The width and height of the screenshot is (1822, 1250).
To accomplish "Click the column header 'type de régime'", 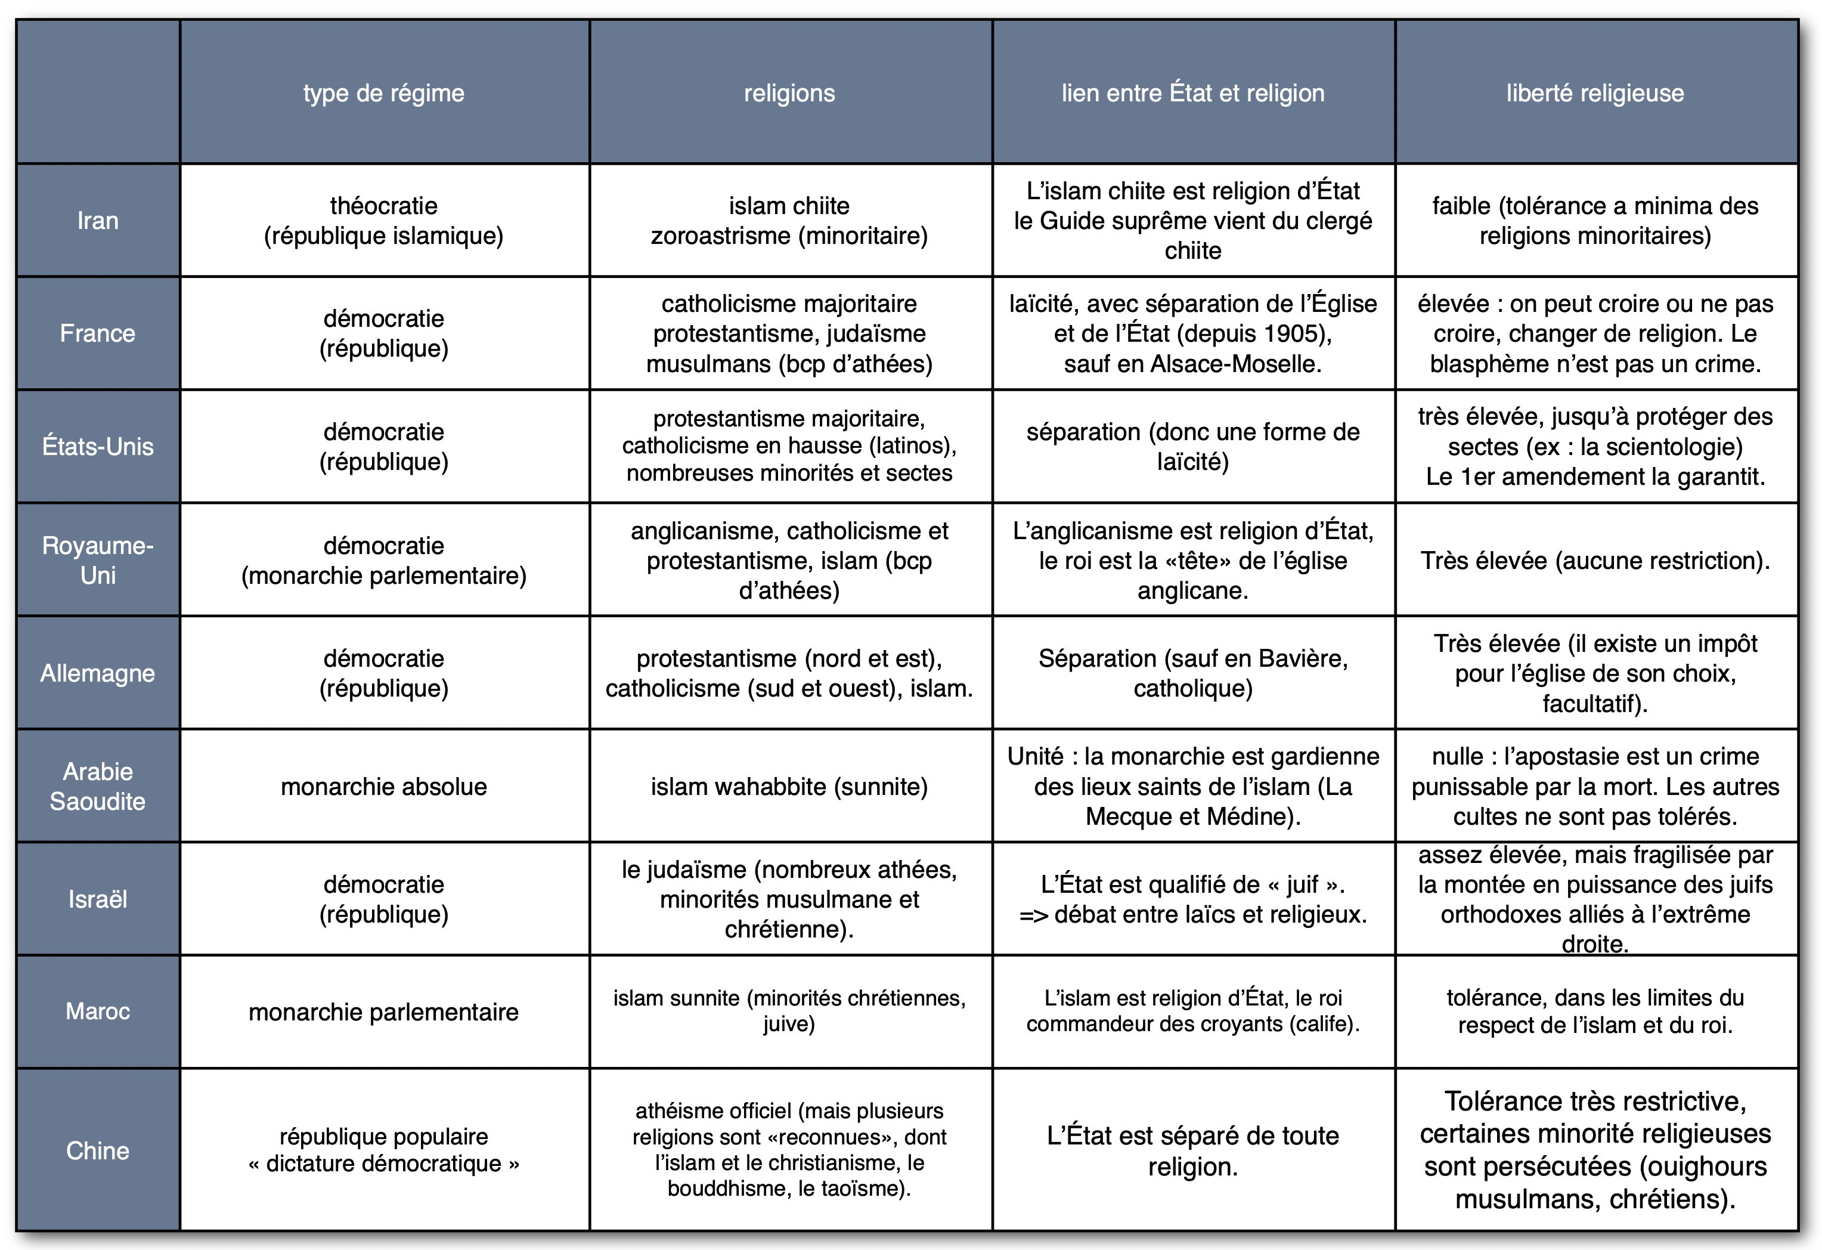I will click(383, 93).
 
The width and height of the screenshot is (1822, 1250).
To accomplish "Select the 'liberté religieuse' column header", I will click(1595, 93).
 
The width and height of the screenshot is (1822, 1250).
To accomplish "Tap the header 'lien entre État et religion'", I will click(1192, 93).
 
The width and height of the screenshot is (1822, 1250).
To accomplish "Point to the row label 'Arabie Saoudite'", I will click(98, 787).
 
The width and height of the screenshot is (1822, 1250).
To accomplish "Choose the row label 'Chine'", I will click(98, 1150).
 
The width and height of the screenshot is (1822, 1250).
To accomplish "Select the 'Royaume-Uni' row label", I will click(98, 561).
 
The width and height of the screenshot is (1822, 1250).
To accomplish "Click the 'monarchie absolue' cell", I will click(383, 787).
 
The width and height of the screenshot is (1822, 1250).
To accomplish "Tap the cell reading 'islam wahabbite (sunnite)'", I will click(789, 787).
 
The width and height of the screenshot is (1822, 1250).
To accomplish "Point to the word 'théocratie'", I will click(383, 206).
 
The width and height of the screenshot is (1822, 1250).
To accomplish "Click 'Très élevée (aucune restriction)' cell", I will click(1595, 561).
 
